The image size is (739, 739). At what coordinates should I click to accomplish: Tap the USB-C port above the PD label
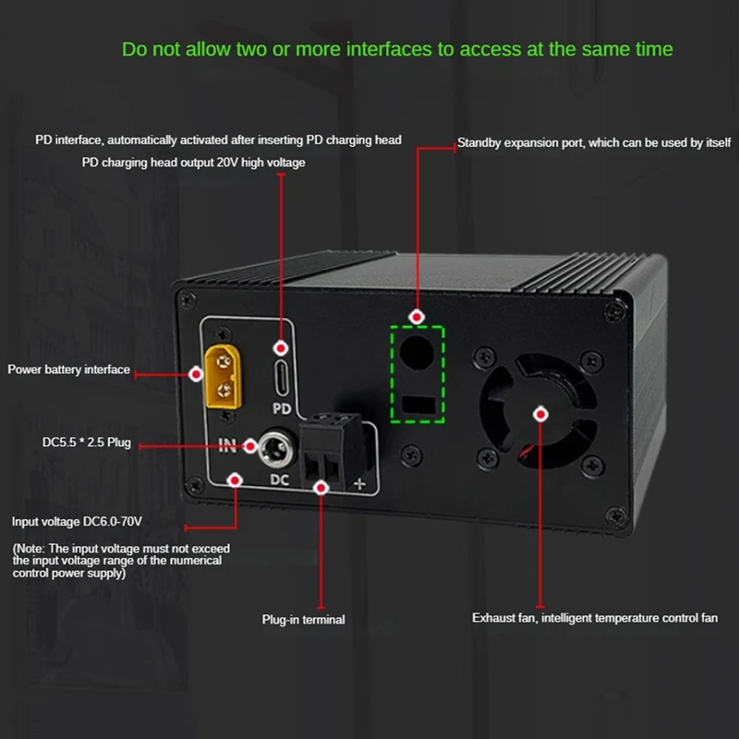283,374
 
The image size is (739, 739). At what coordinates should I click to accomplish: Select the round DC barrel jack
272,448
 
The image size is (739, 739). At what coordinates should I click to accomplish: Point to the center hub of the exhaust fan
540,415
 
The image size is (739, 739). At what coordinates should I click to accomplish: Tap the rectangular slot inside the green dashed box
418,405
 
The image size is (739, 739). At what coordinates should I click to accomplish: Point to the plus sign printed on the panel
359,483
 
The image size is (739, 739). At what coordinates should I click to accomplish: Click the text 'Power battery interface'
69,369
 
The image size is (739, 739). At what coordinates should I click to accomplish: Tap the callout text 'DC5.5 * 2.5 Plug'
87,444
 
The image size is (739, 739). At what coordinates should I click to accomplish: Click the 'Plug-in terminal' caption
303,619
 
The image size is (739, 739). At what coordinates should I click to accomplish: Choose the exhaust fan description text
595,617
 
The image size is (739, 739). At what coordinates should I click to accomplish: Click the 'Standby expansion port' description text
594,143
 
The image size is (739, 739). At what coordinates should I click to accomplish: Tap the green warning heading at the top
397,49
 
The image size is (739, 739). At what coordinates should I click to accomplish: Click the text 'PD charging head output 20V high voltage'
193,163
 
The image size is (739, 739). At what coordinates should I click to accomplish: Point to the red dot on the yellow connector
197,374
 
